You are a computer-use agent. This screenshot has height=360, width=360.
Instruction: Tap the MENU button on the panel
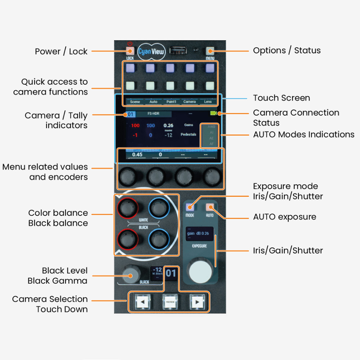(x=210, y=51)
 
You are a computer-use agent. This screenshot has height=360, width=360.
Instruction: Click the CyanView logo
(x=151, y=52)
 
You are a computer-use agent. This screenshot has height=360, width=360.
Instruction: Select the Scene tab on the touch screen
(x=135, y=102)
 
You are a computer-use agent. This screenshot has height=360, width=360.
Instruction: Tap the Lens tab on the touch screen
(x=208, y=102)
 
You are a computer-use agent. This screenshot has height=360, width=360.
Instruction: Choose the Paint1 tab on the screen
(x=171, y=102)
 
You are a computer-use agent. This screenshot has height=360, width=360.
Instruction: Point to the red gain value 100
(x=135, y=126)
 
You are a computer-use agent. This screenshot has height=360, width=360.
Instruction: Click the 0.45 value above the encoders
(x=137, y=154)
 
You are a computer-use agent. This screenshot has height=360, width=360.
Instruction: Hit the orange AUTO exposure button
(x=210, y=207)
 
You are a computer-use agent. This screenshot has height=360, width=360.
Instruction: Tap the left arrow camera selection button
(x=143, y=302)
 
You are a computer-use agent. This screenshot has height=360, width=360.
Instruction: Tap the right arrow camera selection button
(x=197, y=302)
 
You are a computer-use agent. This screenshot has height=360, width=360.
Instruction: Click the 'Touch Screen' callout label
(x=281, y=98)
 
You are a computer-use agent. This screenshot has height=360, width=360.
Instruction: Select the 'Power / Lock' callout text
(x=61, y=51)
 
